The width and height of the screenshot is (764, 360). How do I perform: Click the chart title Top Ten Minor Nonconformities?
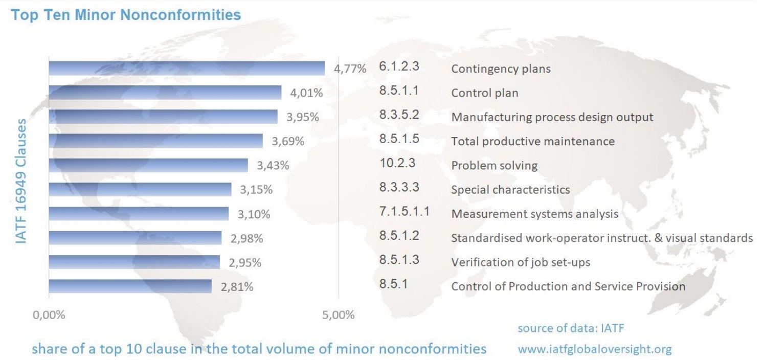[126, 15]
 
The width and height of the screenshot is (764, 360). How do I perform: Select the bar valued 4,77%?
[187, 69]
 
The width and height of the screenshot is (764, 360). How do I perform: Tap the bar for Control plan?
[165, 93]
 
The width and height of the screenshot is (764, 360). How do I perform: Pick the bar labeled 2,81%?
[130, 286]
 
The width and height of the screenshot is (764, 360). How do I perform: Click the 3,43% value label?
[273, 166]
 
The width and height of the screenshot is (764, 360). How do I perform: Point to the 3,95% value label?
[302, 117]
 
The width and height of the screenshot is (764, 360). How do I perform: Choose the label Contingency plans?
[501, 69]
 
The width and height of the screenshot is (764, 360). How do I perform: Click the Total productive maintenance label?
[532, 141]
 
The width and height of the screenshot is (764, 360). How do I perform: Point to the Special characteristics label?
[510, 190]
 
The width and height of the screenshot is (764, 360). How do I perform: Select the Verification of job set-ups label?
[520, 262]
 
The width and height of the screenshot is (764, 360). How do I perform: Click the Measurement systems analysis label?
[534, 214]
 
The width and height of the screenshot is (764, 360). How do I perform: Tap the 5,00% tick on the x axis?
[338, 315]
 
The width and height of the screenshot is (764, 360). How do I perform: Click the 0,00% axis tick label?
[49, 315]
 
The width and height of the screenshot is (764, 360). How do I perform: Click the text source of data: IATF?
[571, 328]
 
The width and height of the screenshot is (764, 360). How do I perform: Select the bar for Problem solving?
[148, 165]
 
